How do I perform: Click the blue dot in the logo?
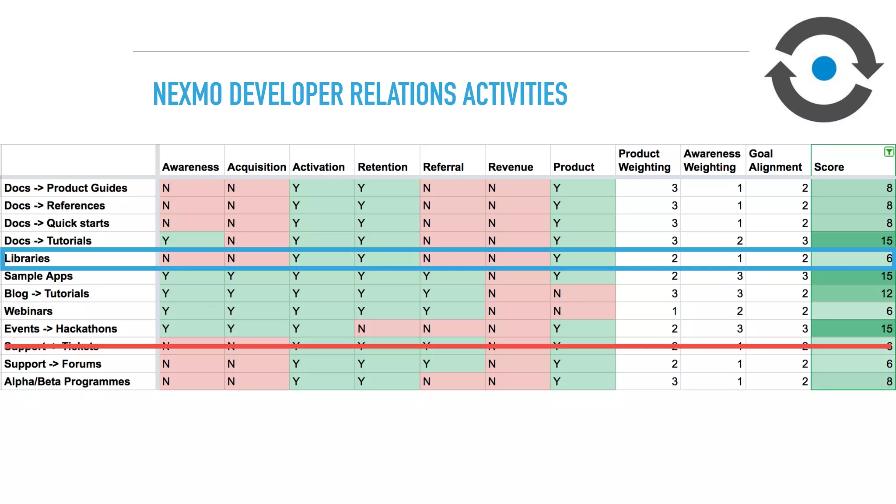point(824,69)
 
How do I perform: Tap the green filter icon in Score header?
point(889,152)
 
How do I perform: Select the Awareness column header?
point(190,167)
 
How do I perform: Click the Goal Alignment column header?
point(775,161)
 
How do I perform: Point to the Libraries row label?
point(27,259)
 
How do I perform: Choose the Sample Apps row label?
point(38,276)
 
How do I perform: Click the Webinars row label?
point(28,311)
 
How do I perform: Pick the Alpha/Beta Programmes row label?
point(67,381)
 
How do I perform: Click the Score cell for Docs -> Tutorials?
point(853,241)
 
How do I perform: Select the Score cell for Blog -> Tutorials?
point(853,294)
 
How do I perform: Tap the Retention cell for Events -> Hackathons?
point(387,329)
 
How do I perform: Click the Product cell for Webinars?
point(582,311)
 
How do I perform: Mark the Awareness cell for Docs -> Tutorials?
point(192,241)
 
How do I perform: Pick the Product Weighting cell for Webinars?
point(648,311)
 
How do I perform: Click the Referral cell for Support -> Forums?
point(452,364)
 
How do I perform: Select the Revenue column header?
point(511,167)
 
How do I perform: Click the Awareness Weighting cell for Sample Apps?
point(713,276)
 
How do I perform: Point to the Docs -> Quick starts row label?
point(57,223)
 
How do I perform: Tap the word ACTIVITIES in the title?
point(515,94)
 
